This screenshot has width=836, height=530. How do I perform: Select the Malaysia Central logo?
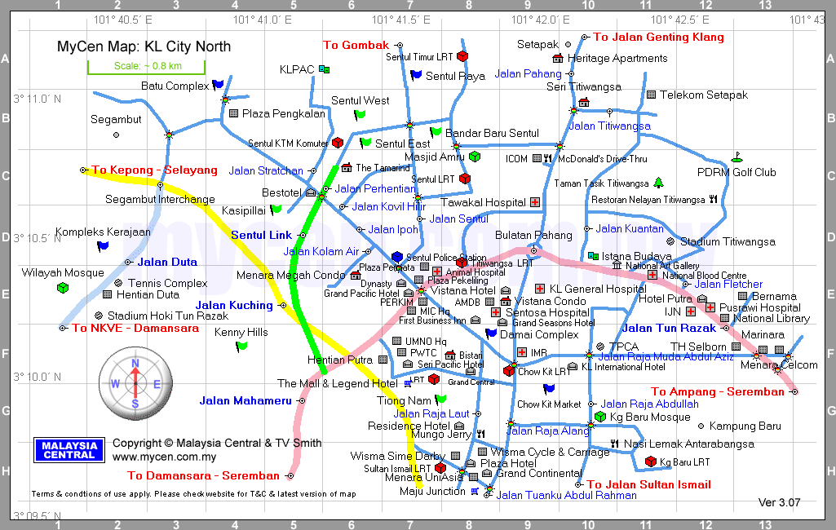coord(69,449)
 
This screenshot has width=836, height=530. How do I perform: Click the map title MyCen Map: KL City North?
coord(144,46)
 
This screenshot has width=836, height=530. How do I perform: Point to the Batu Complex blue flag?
coord(217,85)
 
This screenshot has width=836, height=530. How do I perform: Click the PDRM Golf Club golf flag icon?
coord(737,156)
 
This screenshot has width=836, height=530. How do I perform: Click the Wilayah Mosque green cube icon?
coord(62,288)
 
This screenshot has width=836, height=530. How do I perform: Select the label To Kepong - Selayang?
coord(154,170)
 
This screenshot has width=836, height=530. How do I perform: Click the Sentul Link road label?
coord(261,236)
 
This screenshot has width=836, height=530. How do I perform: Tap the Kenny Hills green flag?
coord(241,347)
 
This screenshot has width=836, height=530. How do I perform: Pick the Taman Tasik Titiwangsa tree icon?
coord(658,183)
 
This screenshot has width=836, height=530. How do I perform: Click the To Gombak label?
coord(356,46)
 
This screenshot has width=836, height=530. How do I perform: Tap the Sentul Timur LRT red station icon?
coord(462,57)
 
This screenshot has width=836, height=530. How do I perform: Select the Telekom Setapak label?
coord(703,95)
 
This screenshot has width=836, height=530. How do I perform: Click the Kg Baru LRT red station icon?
coord(650,462)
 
